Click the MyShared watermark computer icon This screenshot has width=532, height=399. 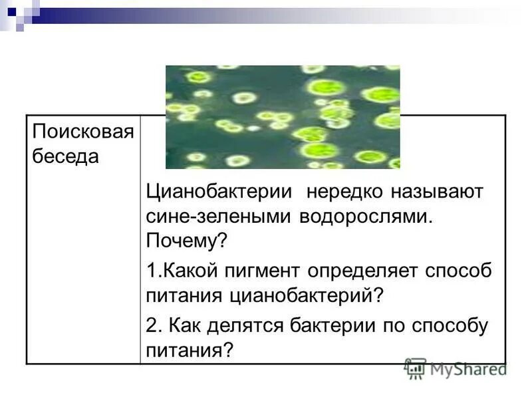[x=416, y=368]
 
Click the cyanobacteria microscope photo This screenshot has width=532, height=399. [x=282, y=116]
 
